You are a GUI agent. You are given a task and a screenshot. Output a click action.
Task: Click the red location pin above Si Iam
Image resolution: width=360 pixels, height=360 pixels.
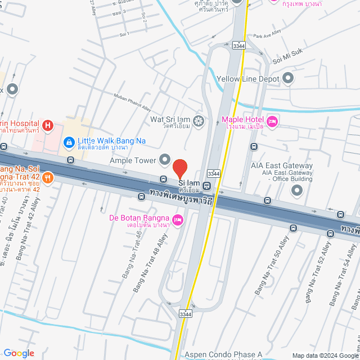click(179, 168)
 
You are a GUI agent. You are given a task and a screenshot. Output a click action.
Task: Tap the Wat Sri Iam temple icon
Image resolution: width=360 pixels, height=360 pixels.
click(198, 120)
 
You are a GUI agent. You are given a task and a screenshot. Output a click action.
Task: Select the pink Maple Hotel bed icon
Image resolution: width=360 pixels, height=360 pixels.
click(272, 121)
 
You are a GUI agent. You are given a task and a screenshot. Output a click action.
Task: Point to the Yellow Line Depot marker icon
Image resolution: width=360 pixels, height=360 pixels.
click(289, 79)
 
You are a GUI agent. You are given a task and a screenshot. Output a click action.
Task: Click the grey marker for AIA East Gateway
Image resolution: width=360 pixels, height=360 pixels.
click(297, 191)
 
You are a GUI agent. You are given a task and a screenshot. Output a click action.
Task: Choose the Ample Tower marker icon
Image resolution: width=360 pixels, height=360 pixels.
click(165, 160)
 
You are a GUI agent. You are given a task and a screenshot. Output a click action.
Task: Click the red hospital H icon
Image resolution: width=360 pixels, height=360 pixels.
click(48, 125)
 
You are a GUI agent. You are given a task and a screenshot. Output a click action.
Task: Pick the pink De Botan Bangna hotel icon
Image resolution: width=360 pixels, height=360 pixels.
click(178, 219)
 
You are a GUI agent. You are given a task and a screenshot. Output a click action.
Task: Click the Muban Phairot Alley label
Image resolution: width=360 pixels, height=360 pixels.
click(133, 103)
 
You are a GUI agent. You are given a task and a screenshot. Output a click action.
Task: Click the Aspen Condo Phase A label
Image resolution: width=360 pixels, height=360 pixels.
click(223, 355)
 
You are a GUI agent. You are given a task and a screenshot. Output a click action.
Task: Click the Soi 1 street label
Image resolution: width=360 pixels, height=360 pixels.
click(124, 34)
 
